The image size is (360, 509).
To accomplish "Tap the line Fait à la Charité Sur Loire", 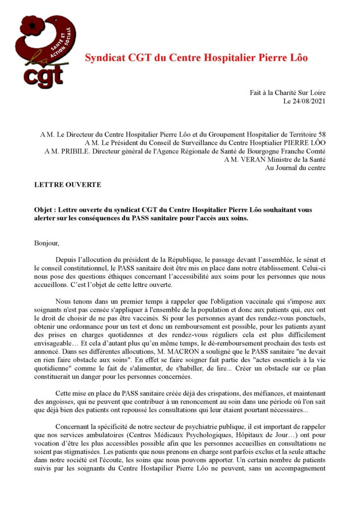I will [x=288, y=93].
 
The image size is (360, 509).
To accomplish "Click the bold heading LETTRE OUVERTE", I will [x=68, y=185].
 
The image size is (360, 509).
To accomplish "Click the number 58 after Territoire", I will [x=322, y=135].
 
